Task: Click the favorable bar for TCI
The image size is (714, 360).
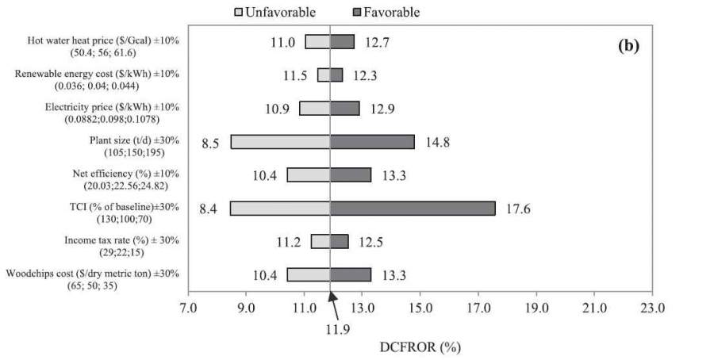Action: coord(413,209)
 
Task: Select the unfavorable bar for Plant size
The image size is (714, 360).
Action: coord(280,142)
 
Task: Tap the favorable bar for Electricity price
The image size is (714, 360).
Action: coord(344,109)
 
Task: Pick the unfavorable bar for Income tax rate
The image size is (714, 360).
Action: coord(320,241)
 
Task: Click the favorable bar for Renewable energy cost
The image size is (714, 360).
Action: coord(336,75)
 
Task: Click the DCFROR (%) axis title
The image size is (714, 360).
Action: coord(420,347)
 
